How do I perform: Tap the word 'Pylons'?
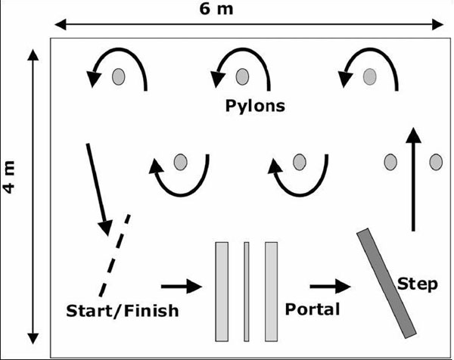pyautogui.click(x=255, y=105)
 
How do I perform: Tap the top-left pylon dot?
pyautogui.click(x=118, y=76)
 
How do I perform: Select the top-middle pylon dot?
pyautogui.click(x=242, y=76)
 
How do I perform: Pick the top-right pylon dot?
pyautogui.click(x=368, y=76)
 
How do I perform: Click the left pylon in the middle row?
pyautogui.click(x=179, y=162)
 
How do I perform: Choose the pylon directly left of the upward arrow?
pyautogui.click(x=390, y=162)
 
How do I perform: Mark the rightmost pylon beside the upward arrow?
pyautogui.click(x=435, y=162)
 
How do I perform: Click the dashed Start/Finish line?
pyautogui.click(x=113, y=256)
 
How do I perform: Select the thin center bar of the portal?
pyautogui.click(x=246, y=291)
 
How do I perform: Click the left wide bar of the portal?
pyautogui.click(x=222, y=291)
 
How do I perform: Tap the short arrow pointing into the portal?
pyautogui.click(x=182, y=287)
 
